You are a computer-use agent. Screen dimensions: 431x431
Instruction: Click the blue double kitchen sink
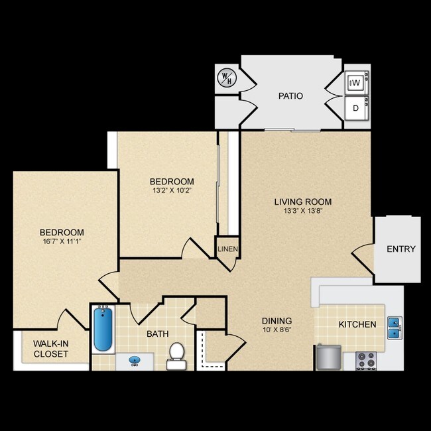394,327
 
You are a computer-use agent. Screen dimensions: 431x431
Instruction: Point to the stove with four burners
365,360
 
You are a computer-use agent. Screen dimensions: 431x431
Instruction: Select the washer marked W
355,83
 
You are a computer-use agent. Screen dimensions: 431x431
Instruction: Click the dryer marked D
355,107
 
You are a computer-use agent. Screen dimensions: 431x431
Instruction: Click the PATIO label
290,96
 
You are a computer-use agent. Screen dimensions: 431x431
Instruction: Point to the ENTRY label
401,249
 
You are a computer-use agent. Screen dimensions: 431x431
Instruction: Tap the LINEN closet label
227,250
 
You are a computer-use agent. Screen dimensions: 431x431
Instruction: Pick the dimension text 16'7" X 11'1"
62,242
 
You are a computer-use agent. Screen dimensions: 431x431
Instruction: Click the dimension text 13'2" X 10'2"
171,192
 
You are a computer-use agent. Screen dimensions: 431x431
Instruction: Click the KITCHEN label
357,325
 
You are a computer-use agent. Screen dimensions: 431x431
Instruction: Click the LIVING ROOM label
303,202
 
